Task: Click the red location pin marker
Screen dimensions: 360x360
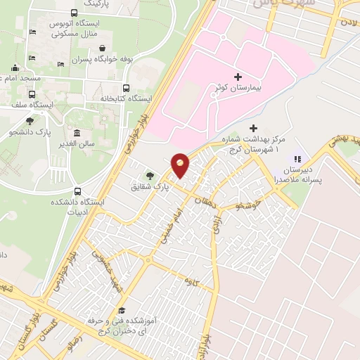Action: click(180, 165)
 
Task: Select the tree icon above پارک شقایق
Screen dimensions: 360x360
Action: click(149, 176)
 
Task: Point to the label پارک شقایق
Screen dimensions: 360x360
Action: click(147, 188)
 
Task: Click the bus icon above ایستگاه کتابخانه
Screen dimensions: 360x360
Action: click(126, 88)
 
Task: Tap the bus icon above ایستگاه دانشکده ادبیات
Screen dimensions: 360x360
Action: click(77, 191)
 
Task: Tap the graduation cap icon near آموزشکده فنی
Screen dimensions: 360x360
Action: click(121, 310)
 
